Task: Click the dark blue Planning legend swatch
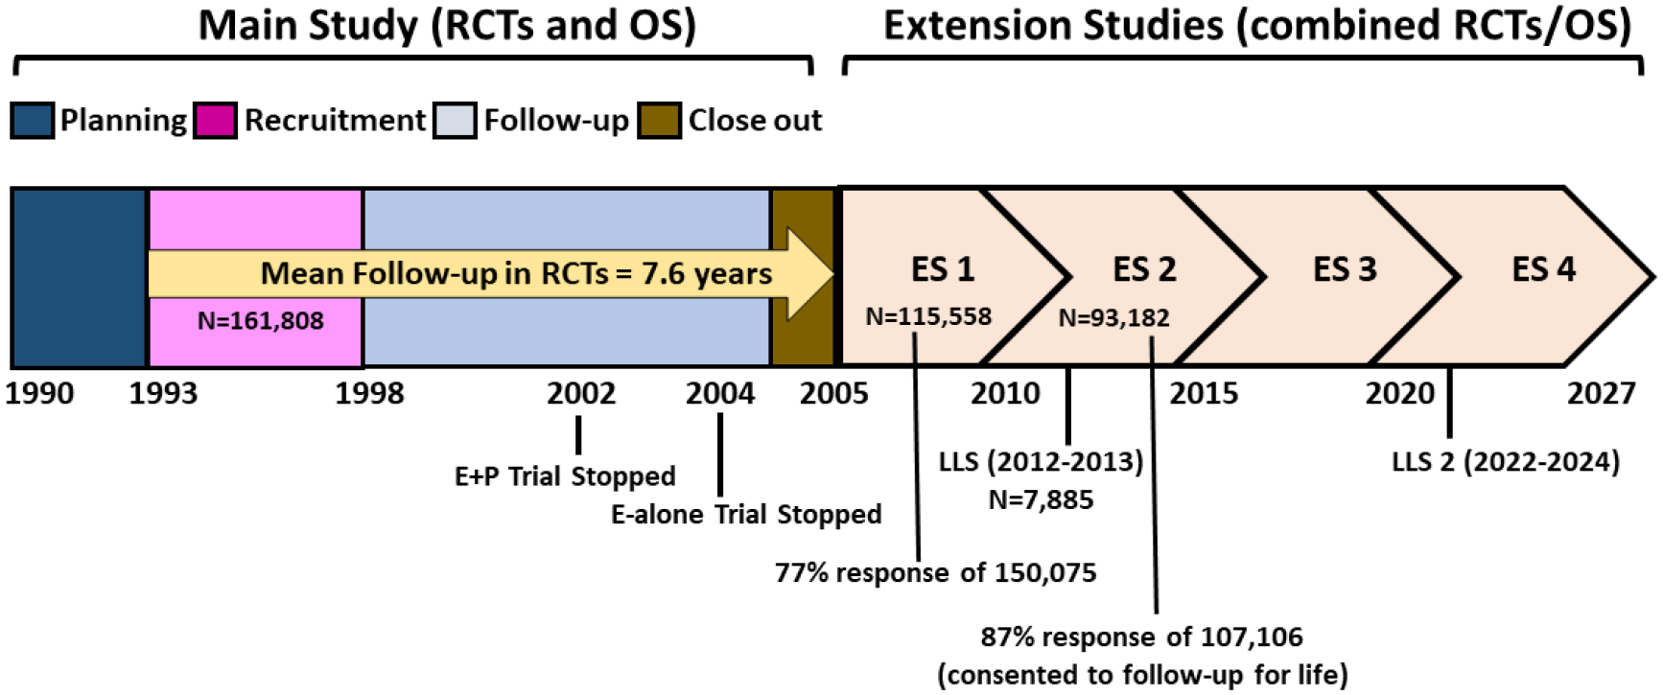coord(33,121)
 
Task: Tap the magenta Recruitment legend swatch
coord(215,121)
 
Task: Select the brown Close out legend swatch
coord(660,121)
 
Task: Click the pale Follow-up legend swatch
coord(455,121)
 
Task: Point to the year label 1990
coord(39,393)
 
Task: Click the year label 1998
coord(369,393)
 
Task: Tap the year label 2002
coord(581,393)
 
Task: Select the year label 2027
coord(1601,393)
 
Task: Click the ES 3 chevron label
coord(1345,269)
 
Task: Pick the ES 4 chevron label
coord(1543,269)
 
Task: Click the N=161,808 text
coord(260,321)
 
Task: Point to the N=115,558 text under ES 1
coord(928,316)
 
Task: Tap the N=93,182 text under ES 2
coord(1113,317)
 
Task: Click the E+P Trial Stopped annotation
coord(565,476)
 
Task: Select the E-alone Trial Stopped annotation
coord(746,515)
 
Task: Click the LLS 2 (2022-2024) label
coord(1506,462)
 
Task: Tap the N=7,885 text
coord(1041,499)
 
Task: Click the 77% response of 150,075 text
coord(936,573)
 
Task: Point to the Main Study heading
coord(447,26)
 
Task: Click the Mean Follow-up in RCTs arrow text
coord(516,274)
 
